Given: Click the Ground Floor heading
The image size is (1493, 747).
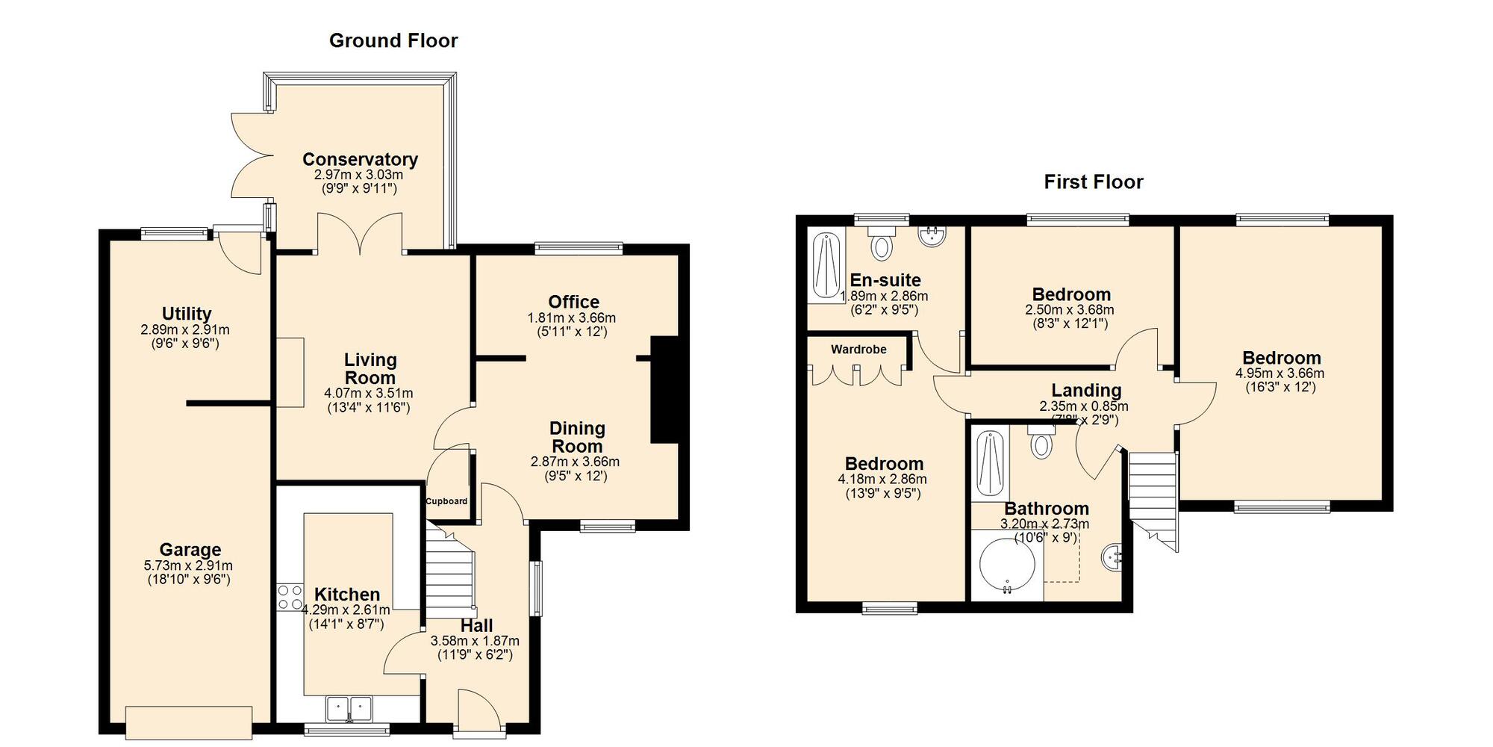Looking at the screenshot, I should pos(393,40).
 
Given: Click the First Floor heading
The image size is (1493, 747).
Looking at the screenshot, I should pos(1093,182).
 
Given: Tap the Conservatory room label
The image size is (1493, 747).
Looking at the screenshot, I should pos(360,159).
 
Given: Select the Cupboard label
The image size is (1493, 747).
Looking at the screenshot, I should pos(446,501).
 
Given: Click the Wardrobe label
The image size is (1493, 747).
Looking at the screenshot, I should pos(858,350).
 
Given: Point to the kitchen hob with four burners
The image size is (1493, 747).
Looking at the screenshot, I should pos(290,597).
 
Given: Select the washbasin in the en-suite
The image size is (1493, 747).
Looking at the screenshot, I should pos(932,236).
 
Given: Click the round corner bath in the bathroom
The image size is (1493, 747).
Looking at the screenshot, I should pos(1006,565).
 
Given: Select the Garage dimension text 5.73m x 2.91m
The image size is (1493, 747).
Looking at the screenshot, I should pos(188,565).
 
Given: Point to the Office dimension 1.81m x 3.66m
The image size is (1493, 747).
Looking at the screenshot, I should pos(572,317).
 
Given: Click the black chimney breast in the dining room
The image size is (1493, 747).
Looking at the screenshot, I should pos(664,390).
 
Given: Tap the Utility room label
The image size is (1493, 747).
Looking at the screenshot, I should pos(187,314).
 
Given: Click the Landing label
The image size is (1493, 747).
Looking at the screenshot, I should pos(1085,390).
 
